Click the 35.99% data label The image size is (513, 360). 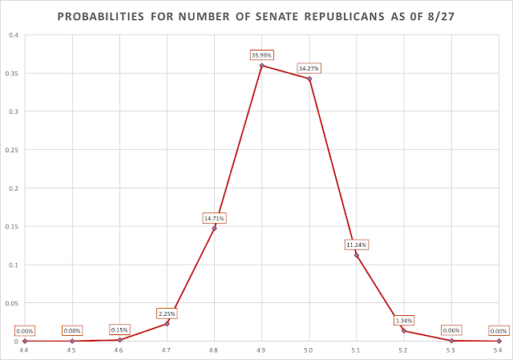tap(261, 55)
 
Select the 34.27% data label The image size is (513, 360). tap(309, 68)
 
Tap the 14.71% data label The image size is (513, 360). tap(214, 218)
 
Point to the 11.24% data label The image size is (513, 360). tap(357, 245)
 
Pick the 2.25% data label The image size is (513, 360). tap(167, 313)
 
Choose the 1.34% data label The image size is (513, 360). tap(404, 321)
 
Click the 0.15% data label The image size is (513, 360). tap(119, 330)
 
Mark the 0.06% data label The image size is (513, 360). tap(451, 330)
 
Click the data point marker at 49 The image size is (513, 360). tap(262, 66)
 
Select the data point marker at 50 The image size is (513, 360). tap(309, 79)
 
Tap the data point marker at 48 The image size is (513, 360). tap(214, 229)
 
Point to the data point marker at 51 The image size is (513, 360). tap(357, 255)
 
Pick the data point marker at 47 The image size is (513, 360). tap(167, 324)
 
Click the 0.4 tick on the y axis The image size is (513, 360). tap(14, 35)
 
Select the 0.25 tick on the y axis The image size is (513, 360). tap(11, 150)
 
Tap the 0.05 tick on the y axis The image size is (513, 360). tap(11, 303)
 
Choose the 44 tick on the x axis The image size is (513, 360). tap(24, 350)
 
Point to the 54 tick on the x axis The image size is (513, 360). tap(498, 350)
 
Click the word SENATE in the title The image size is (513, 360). tap(276, 16)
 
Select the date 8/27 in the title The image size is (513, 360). tap(441, 16)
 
